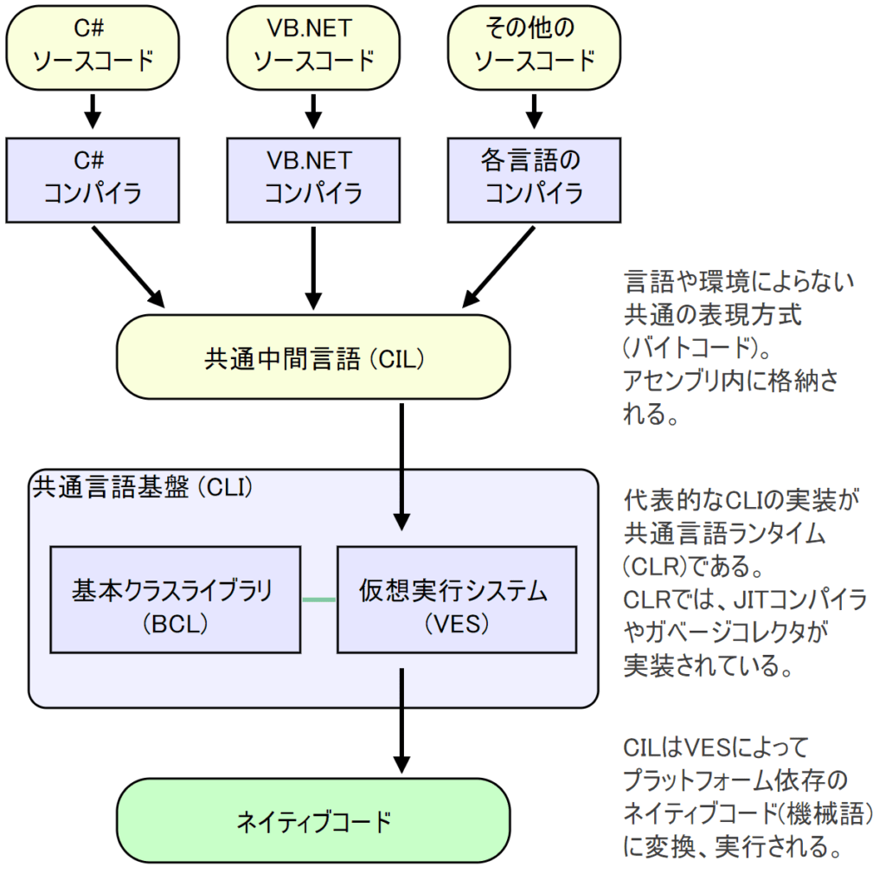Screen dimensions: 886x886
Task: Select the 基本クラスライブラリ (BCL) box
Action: pyautogui.click(x=176, y=599)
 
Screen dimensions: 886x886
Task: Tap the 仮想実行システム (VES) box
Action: pyautogui.click(x=456, y=599)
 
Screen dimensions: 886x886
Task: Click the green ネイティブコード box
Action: pyautogui.click(x=313, y=820)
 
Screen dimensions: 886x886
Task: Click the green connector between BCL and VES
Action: pyautogui.click(x=318, y=600)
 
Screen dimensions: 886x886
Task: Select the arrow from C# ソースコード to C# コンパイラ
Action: pyautogui.click(x=93, y=108)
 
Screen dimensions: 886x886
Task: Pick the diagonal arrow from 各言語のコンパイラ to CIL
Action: pyautogui.click(x=497, y=266)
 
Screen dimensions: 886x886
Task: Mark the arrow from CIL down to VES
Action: pyautogui.click(x=401, y=467)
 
